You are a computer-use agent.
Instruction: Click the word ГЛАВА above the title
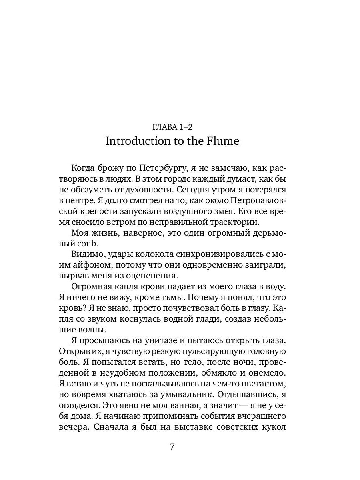164,127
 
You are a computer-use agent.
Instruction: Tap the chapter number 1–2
186,127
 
